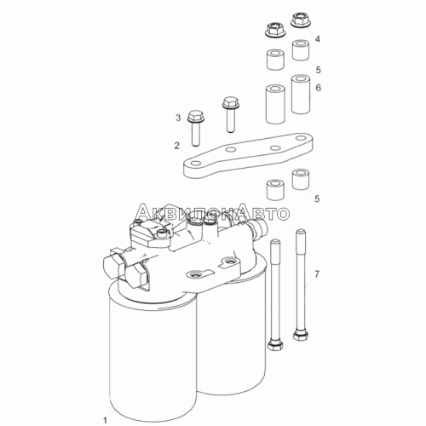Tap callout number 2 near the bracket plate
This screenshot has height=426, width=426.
click(177, 146)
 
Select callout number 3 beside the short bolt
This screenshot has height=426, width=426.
click(178, 118)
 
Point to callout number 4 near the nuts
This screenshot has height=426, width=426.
click(318, 39)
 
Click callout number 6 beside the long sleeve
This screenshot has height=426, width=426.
click(318, 88)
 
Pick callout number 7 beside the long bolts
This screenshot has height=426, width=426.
click(317, 274)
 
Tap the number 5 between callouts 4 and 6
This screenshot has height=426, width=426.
click(318, 70)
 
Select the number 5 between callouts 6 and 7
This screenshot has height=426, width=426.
click(317, 199)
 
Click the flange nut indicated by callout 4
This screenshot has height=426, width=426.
click(301, 20)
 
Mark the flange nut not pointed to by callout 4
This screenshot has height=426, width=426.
click(275, 30)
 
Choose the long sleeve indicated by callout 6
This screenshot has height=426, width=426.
click(301, 95)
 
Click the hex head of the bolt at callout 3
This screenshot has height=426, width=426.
click(195, 116)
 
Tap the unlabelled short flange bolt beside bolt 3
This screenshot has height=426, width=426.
click(231, 114)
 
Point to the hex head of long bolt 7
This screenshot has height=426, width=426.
click(301, 335)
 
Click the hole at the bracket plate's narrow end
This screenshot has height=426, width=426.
click(196, 164)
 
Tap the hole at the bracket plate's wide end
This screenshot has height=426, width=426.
click(301, 138)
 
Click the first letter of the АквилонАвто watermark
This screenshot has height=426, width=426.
click(143, 211)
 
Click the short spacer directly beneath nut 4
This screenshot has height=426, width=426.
click(301, 50)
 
